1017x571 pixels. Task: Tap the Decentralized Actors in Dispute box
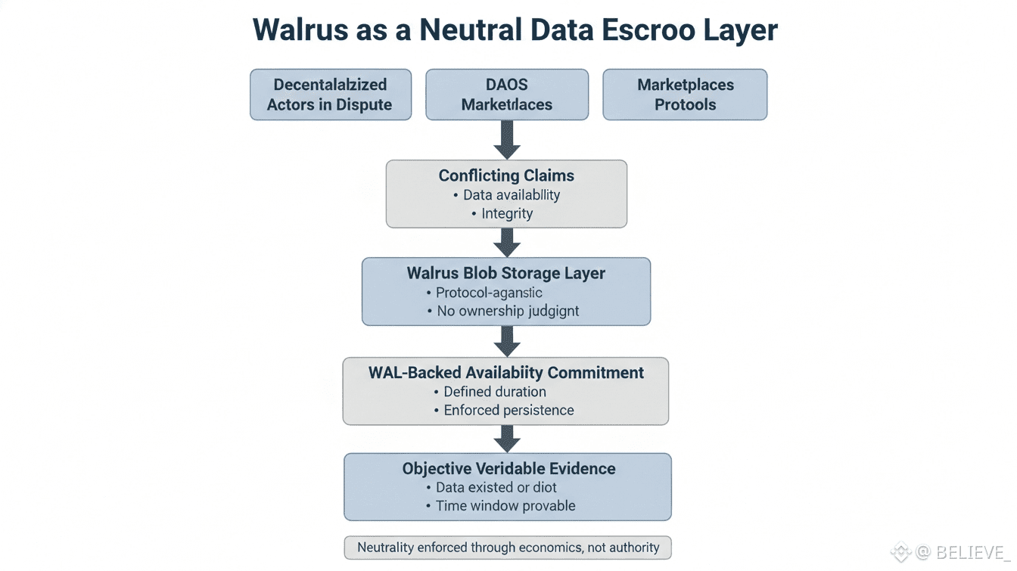point(331,95)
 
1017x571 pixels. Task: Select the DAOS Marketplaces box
point(507,95)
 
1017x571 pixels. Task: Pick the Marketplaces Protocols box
point(685,95)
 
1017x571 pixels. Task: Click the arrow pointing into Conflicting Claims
point(507,140)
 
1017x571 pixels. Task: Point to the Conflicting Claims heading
point(506,175)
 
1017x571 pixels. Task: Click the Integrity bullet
point(507,213)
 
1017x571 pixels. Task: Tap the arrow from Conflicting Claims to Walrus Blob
point(507,242)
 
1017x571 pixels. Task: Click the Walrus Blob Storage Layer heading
point(506,273)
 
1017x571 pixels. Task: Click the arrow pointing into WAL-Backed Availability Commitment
point(507,341)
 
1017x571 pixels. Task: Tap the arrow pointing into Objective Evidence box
point(507,439)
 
